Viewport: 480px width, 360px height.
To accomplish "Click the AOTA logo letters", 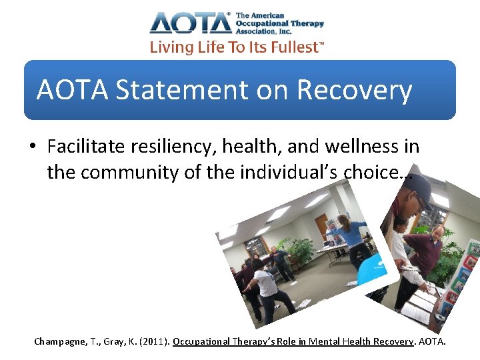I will tap(190, 23).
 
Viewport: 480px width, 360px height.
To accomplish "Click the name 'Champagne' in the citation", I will tap(60, 341).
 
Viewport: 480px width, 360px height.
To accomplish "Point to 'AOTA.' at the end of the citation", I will tap(431, 341).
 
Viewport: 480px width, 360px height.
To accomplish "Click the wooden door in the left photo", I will tap(321, 229).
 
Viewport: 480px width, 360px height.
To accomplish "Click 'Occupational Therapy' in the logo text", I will tap(280, 23).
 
